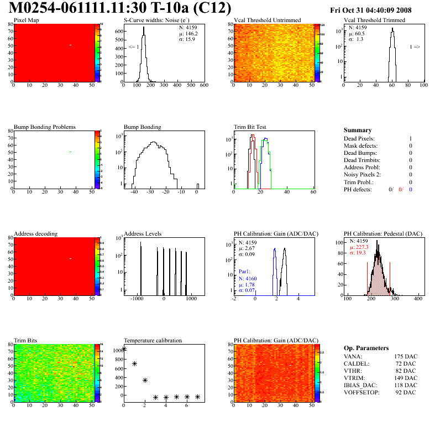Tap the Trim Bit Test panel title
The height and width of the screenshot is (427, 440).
[x=250, y=127]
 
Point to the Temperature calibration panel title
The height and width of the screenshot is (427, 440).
[x=153, y=340]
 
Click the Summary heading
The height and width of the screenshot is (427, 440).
[x=358, y=130]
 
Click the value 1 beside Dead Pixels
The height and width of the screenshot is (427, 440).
[x=411, y=139]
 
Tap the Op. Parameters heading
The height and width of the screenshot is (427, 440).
[x=365, y=348]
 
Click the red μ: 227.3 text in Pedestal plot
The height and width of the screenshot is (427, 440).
[x=362, y=247]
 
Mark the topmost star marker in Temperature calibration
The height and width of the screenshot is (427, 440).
[x=124, y=348]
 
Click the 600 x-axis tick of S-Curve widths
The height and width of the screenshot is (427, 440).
[x=204, y=86]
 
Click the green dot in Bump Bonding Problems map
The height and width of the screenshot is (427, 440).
[x=70, y=152]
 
